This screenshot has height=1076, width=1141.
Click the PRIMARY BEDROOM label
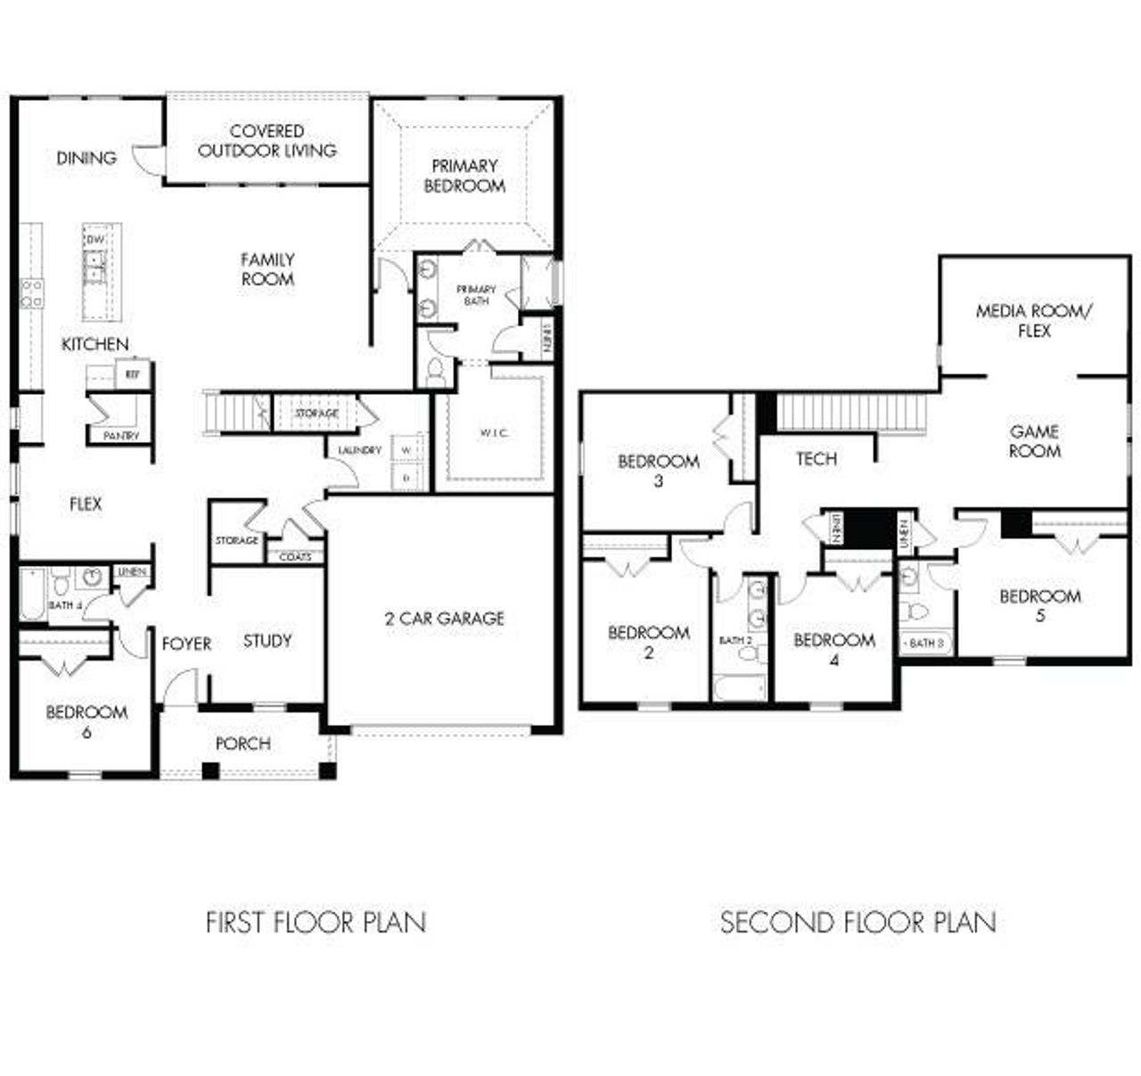click(464, 176)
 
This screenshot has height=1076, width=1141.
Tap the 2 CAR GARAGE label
click(444, 618)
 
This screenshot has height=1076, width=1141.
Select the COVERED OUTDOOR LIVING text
click(267, 141)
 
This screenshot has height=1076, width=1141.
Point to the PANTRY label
click(121, 436)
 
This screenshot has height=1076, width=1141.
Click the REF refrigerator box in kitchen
click(133, 374)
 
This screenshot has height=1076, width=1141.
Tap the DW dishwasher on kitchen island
click(94, 241)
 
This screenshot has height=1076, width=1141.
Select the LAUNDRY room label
click(359, 450)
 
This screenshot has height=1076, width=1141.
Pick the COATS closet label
click(295, 557)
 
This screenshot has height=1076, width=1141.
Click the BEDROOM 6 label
click(86, 721)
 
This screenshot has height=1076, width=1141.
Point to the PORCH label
click(242, 743)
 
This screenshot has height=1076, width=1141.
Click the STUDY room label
click(267, 640)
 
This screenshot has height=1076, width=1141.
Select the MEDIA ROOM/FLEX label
click(1034, 321)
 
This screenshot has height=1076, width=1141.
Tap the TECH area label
click(817, 458)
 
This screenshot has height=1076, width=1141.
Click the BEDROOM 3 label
click(659, 471)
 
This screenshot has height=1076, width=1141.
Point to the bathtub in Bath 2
click(739, 687)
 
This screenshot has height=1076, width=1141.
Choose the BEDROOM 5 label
click(1040, 604)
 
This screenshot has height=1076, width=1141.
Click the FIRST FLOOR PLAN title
click(316, 922)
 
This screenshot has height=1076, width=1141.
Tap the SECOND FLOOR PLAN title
click(858, 922)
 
